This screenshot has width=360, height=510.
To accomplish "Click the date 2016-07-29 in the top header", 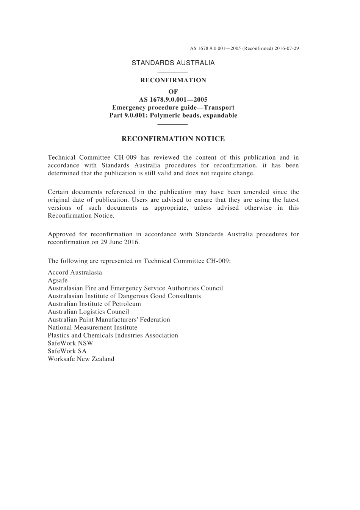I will coord(287,49).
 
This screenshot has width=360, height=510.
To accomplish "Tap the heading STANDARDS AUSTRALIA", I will coord(173,63).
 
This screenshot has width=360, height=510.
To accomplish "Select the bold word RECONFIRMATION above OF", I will coord(173,80).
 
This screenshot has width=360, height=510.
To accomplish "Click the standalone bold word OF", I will coord(173,91).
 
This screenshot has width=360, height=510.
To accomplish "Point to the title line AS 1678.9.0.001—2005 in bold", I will coord(173,100).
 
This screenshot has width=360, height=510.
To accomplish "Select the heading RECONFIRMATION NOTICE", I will coord(173,139).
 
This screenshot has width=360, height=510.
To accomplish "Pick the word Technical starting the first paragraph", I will coord(61,157).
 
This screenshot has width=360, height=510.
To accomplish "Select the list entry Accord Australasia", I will coord(75,272).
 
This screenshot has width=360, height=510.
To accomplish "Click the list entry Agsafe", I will coord(58,280).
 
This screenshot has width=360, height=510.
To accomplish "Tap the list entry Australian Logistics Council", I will coord(88,312).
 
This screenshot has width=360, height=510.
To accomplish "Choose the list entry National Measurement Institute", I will coord(92,327).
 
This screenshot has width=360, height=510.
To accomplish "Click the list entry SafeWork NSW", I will coord(70,343).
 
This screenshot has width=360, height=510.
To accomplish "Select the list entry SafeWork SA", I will coord(67,351).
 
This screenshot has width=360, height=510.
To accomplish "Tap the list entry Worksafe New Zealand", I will coord(81,359).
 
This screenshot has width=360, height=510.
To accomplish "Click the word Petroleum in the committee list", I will coord(126,304).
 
